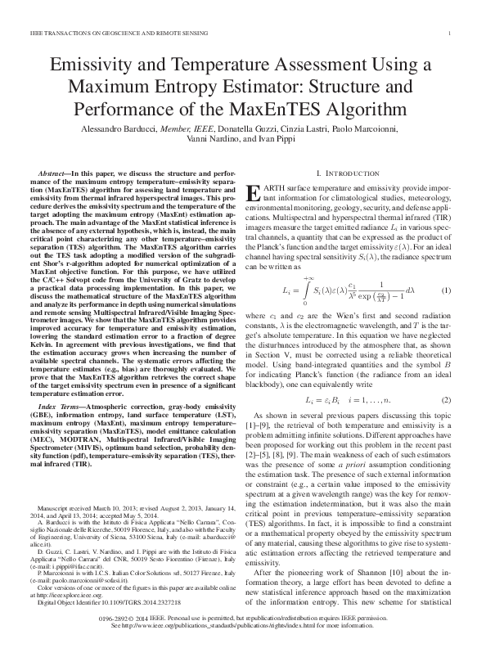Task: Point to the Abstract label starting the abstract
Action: (55, 176)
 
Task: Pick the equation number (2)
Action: (446, 399)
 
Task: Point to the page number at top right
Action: (451, 33)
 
